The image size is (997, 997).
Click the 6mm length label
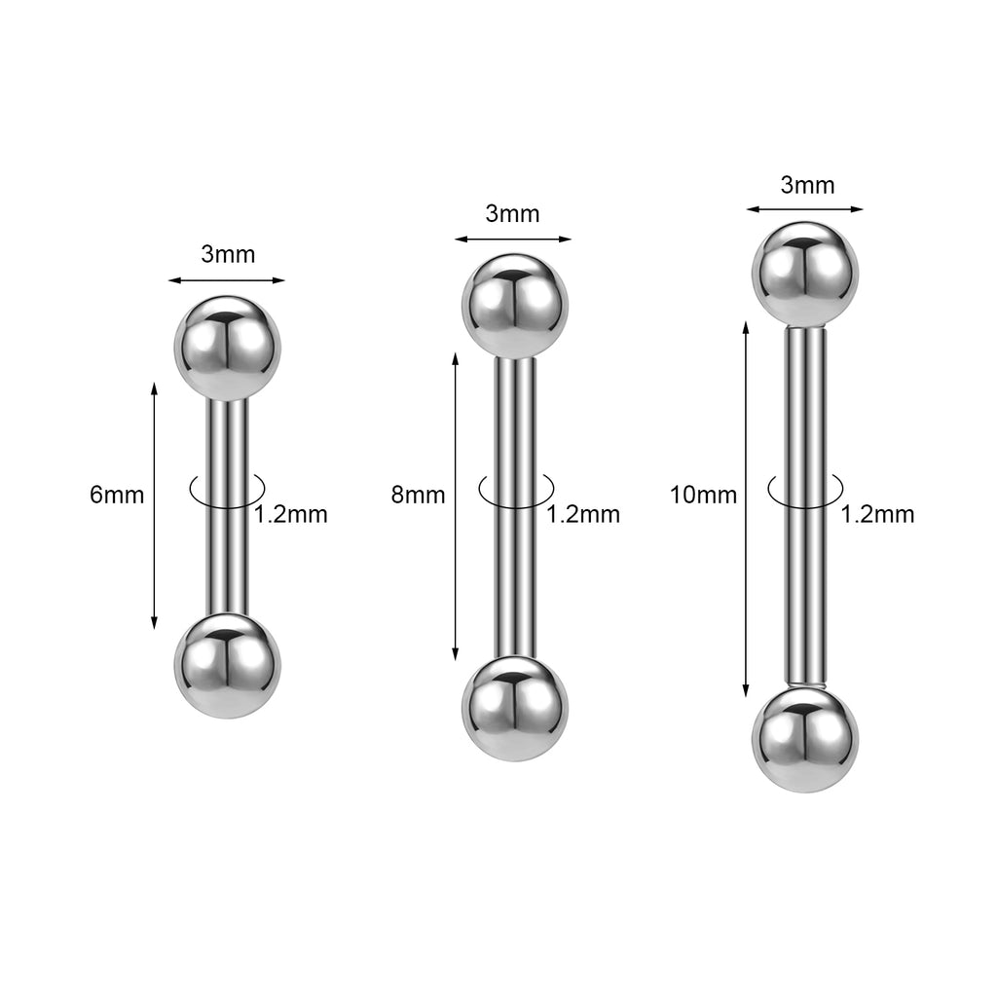[117, 495]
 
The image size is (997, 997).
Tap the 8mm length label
[418, 495]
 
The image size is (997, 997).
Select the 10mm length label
[703, 495]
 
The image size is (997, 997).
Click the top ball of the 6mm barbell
[227, 349]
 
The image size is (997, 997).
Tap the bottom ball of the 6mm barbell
[227, 666]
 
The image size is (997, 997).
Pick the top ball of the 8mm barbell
[514, 307]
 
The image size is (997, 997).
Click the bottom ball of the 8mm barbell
[514, 709]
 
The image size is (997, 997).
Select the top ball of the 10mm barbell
[805, 275]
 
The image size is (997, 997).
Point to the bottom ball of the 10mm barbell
[805, 740]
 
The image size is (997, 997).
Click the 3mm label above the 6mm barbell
[228, 254]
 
